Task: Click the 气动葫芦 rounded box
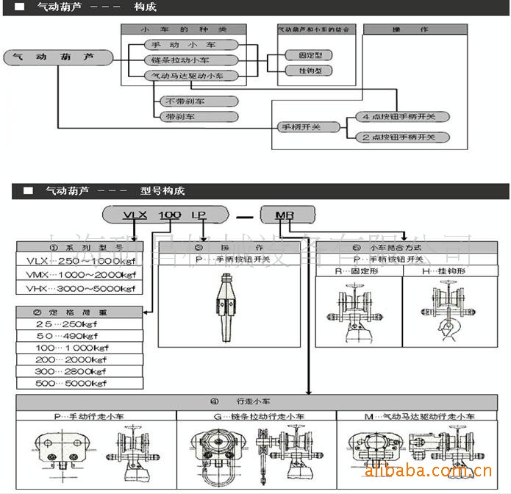coord(59,57)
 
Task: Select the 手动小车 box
coord(182,45)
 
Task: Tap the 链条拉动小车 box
coord(182,60)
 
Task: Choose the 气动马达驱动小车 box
coord(188,76)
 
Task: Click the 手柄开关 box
coord(298,127)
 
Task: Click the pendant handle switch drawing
coord(228,308)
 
